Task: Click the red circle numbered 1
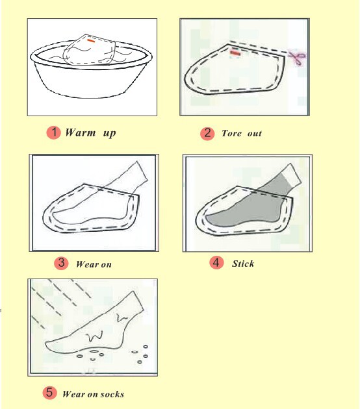pyautogui.click(x=53, y=132)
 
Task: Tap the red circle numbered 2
pyautogui.click(x=207, y=133)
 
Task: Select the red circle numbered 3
pyautogui.click(x=61, y=263)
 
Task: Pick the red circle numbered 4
pyautogui.click(x=216, y=262)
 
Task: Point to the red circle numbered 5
pyautogui.click(x=49, y=393)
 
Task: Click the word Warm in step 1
pyautogui.click(x=81, y=132)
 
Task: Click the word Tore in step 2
pyautogui.click(x=231, y=134)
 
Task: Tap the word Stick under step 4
pyautogui.click(x=243, y=264)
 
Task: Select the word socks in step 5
pyautogui.click(x=112, y=394)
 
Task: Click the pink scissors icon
pyautogui.click(x=298, y=57)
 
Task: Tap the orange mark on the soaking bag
pyautogui.click(x=91, y=41)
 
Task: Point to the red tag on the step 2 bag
pyautogui.click(x=235, y=53)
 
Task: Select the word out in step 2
pyautogui.click(x=255, y=134)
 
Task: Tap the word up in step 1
pyautogui.click(x=109, y=134)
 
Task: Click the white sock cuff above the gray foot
pyautogui.click(x=292, y=174)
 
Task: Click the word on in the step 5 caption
pyautogui.click(x=92, y=394)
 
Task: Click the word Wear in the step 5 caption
pyautogui.click(x=73, y=394)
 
